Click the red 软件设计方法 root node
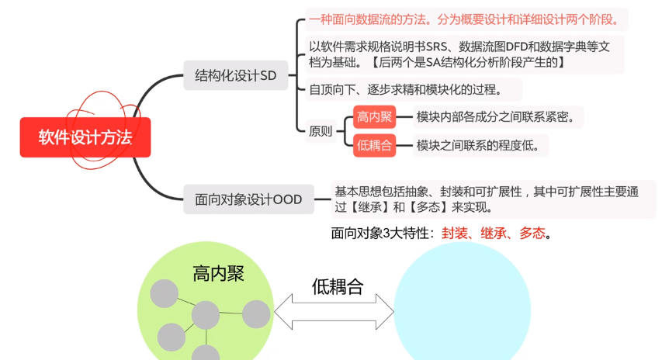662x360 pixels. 85,138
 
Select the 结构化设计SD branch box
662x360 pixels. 235,76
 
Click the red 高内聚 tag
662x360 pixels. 374,117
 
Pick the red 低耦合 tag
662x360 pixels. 374,145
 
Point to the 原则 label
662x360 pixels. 321,131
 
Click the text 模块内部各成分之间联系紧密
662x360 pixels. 497,117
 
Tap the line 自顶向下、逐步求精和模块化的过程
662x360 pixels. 404,89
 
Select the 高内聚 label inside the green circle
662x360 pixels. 219,273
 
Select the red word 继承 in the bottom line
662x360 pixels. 494,233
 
